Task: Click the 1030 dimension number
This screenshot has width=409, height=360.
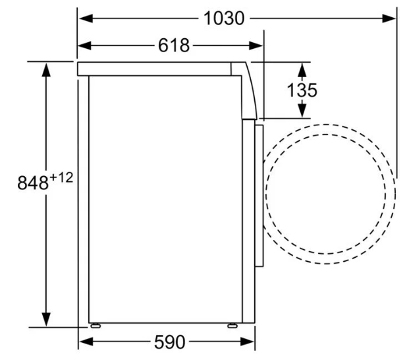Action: pos(224,18)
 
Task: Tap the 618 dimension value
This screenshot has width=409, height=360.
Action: pos(173,45)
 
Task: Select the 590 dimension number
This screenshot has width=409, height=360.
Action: pos(170,342)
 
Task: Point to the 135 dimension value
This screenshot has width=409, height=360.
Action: pos(302,90)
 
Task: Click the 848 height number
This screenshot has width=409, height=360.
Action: pos(33,183)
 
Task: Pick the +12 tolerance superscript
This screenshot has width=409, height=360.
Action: pos(61,178)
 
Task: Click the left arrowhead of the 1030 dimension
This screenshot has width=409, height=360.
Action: pos(86,18)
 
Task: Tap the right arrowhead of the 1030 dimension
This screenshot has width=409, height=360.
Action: pos(389,18)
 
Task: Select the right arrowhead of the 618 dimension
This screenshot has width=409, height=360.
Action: pos(256,45)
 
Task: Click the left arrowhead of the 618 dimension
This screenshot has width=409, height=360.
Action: pos(84,45)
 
